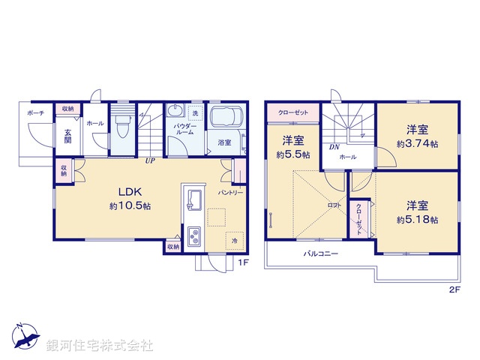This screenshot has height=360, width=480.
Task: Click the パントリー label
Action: [x=229, y=193]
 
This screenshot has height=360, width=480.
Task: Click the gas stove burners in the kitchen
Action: [x=193, y=237]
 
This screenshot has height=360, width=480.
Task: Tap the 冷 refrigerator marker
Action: [x=235, y=241]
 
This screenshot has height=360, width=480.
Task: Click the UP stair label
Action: [x=151, y=160]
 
